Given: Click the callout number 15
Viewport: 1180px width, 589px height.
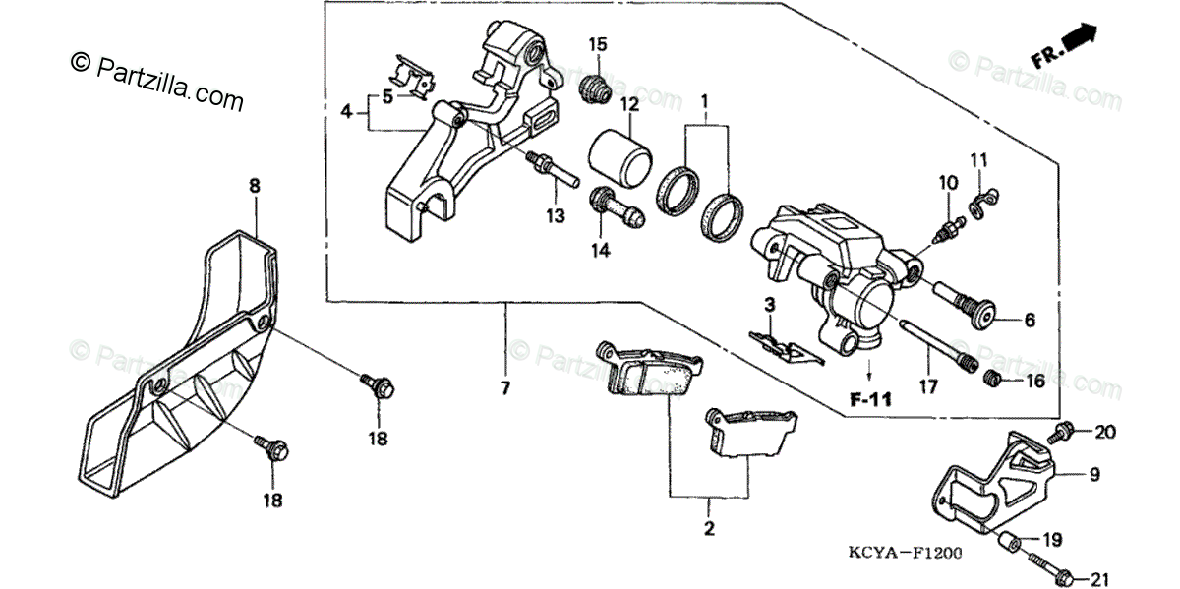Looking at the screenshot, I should pos(599,44).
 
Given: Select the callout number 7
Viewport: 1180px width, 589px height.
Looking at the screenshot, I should pos(504,388).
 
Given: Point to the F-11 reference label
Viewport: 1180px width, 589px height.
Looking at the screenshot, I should pos(871,400).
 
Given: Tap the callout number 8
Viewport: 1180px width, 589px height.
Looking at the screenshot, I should pos(254,184).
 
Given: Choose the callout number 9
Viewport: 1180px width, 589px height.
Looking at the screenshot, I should pos(1092,475).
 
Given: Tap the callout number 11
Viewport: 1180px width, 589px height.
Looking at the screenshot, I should pos(977,159).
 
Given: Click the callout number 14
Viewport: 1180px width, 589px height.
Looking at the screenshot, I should pos(600,251).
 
